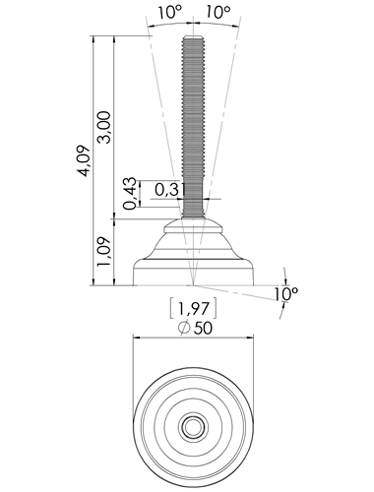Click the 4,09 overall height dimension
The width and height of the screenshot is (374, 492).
tap(86, 160)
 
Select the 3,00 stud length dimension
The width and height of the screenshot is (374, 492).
tap(105, 127)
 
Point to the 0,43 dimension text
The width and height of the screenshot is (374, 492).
tap(130, 194)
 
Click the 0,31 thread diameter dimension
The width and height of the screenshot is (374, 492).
tap(168, 190)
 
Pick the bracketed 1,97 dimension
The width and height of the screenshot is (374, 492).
tap(193, 308)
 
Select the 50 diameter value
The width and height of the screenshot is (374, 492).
tap(203, 329)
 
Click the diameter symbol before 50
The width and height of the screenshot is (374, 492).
tap(184, 328)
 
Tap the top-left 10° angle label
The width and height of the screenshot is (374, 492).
tap(170, 13)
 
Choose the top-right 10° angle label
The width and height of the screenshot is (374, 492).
tap(218, 13)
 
